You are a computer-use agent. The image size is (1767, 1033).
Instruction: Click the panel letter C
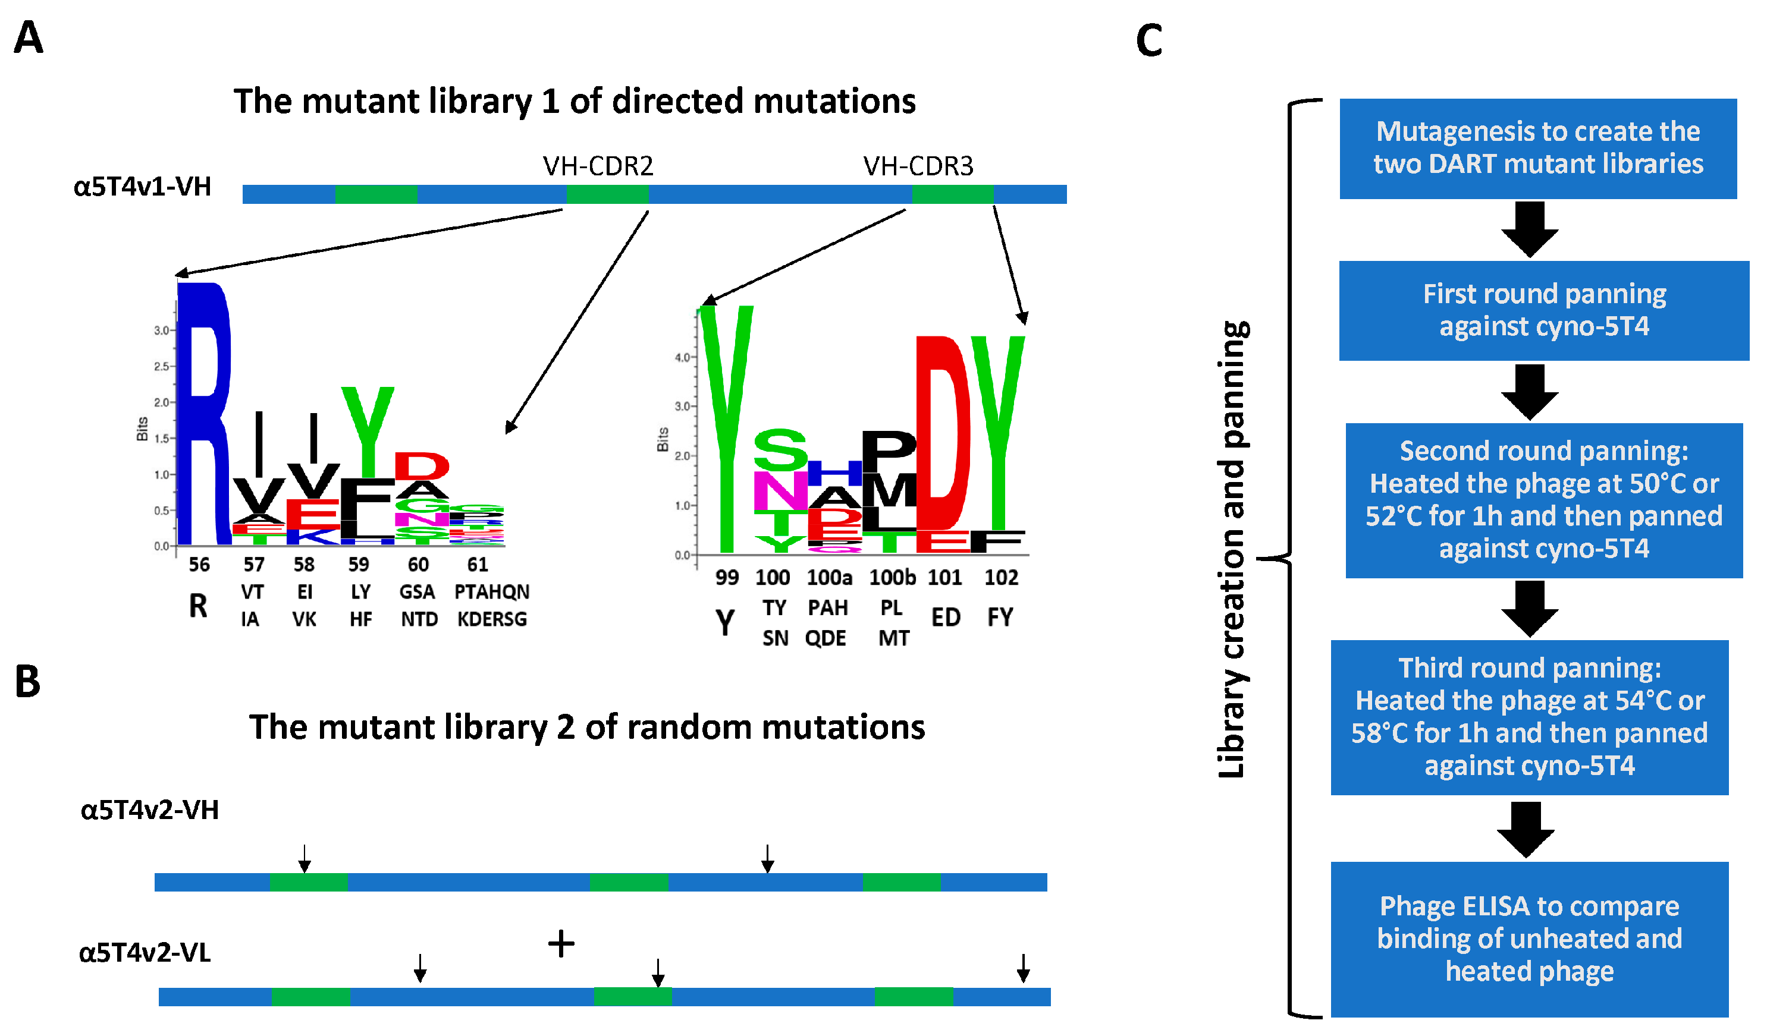1148,40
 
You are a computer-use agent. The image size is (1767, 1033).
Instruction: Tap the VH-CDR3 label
918,166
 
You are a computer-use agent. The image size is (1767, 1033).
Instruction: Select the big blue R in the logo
203,414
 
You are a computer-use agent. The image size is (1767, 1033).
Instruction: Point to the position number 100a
829,578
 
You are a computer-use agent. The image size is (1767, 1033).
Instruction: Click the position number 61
477,565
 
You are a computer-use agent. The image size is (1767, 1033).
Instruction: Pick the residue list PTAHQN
491,592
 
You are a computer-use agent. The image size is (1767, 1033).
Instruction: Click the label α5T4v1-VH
142,187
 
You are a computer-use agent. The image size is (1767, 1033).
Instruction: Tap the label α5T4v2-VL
145,953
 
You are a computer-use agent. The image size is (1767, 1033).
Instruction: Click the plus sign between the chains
561,943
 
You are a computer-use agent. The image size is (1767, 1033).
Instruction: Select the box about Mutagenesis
1537,149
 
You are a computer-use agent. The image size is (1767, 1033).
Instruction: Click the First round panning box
1543,310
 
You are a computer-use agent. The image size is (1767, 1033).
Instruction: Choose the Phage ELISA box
1529,939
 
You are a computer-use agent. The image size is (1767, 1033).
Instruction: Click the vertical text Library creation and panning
1231,550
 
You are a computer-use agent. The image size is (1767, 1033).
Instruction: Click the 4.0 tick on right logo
682,357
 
